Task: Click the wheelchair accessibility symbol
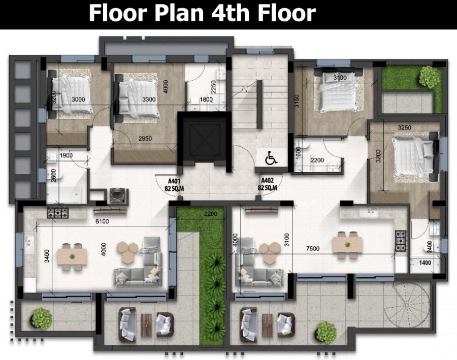[x=271, y=158]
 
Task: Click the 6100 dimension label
[x=102, y=221]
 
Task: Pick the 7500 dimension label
[x=313, y=248]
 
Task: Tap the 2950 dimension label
[x=145, y=139]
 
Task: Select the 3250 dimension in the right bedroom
[x=405, y=127]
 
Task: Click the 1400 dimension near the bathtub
[x=425, y=263]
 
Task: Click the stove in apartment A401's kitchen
[x=58, y=213]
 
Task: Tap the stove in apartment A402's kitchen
[x=401, y=241]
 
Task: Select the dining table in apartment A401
[x=72, y=257]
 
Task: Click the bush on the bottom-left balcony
[x=42, y=318]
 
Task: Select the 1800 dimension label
[x=206, y=100]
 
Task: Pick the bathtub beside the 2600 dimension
[x=63, y=194]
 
